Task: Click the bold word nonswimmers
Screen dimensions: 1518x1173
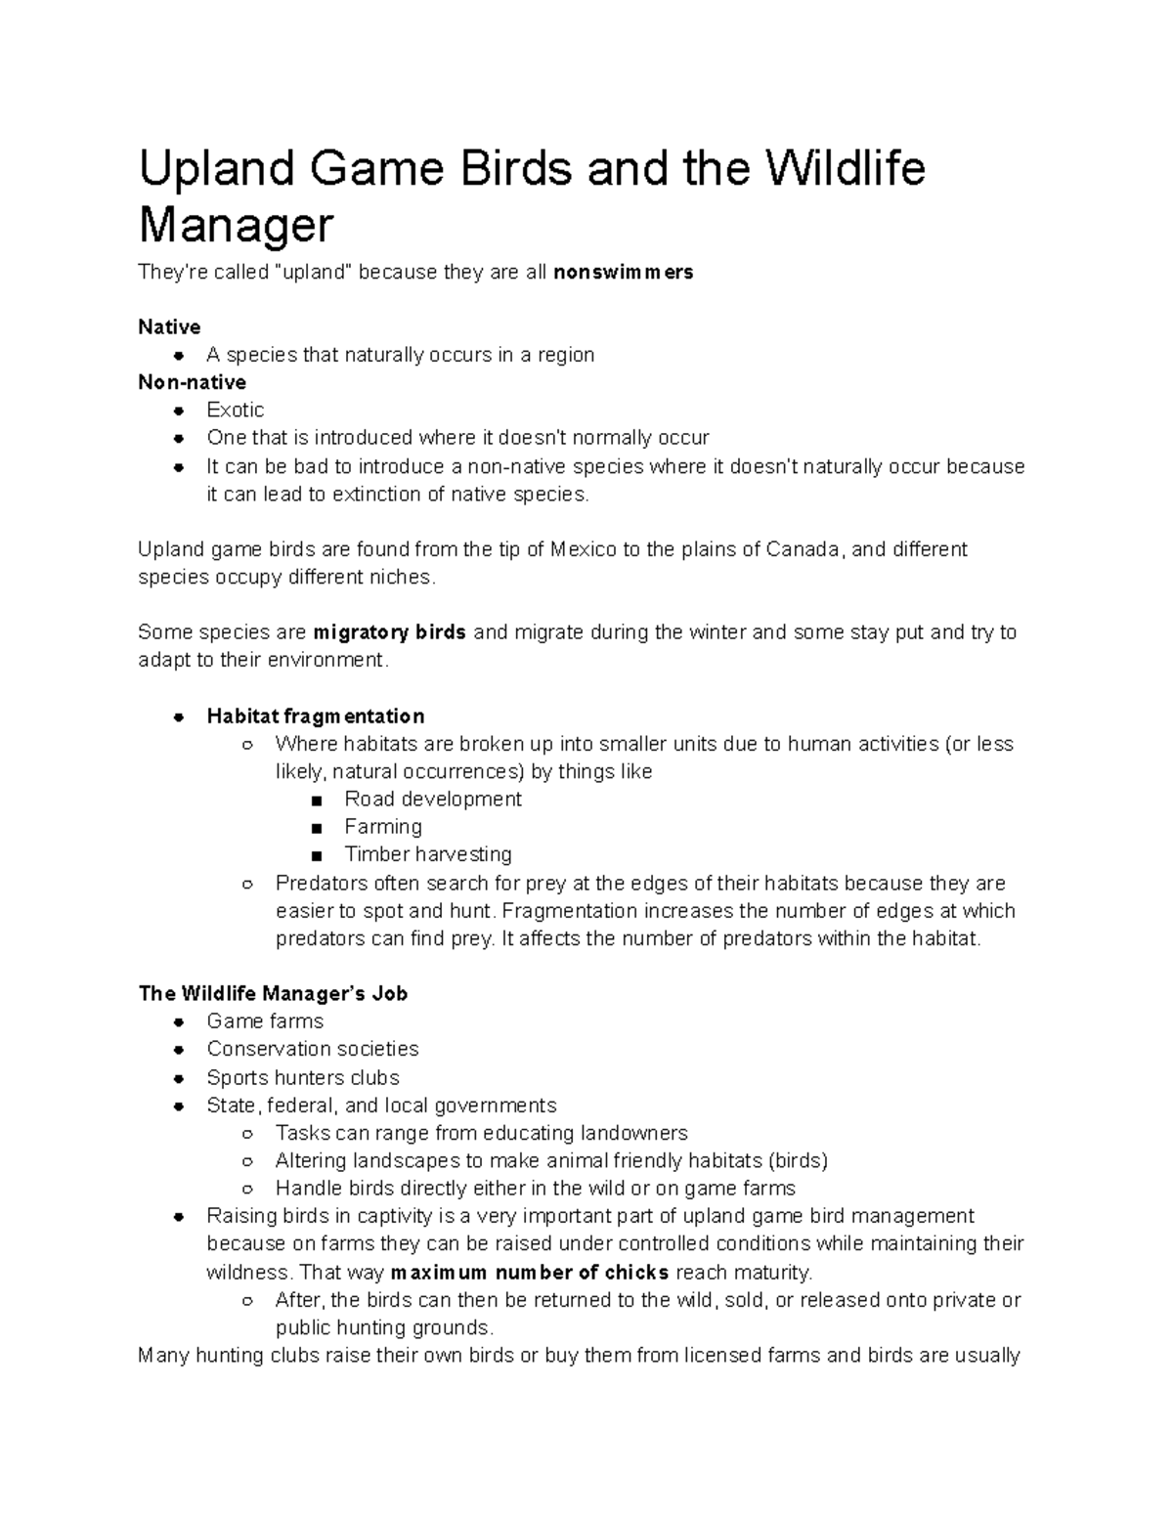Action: [x=623, y=272]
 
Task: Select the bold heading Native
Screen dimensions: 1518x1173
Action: [x=169, y=326]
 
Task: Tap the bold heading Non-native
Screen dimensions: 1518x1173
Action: [x=192, y=382]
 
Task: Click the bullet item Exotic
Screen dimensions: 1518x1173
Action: [x=235, y=410]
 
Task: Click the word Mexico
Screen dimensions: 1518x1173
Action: [x=584, y=549]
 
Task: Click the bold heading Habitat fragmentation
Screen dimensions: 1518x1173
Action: [x=315, y=716]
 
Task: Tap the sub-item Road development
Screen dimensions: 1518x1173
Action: [x=432, y=799]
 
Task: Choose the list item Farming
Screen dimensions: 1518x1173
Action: [x=382, y=827]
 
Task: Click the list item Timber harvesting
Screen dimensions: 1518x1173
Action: [x=427, y=854]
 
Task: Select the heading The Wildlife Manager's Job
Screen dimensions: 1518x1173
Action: [x=273, y=993]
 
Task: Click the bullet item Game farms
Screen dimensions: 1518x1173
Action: [x=265, y=1021]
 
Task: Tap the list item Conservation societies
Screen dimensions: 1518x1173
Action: [x=312, y=1049]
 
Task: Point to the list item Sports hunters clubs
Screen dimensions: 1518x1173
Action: [x=303, y=1077]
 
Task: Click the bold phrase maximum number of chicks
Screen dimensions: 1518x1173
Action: [x=529, y=1272]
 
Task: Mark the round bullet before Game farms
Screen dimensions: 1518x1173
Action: [x=178, y=1022]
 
